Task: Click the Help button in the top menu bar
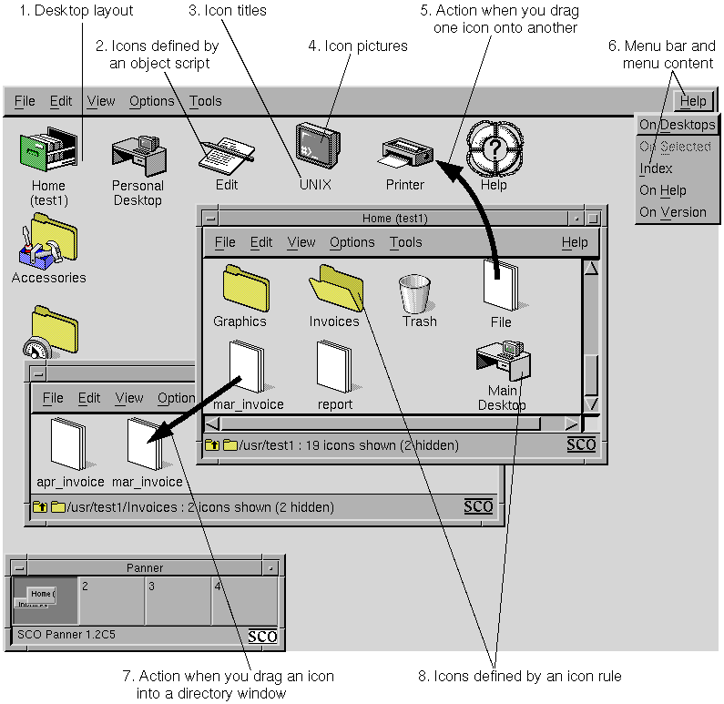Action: [x=692, y=101]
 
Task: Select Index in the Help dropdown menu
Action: [x=656, y=168]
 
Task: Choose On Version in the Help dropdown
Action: [x=672, y=212]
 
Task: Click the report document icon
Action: [x=334, y=367]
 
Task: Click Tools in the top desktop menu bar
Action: [x=205, y=101]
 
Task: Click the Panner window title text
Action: [x=145, y=567]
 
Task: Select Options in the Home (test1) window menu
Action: [x=352, y=242]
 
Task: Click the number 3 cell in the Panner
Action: [x=178, y=601]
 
